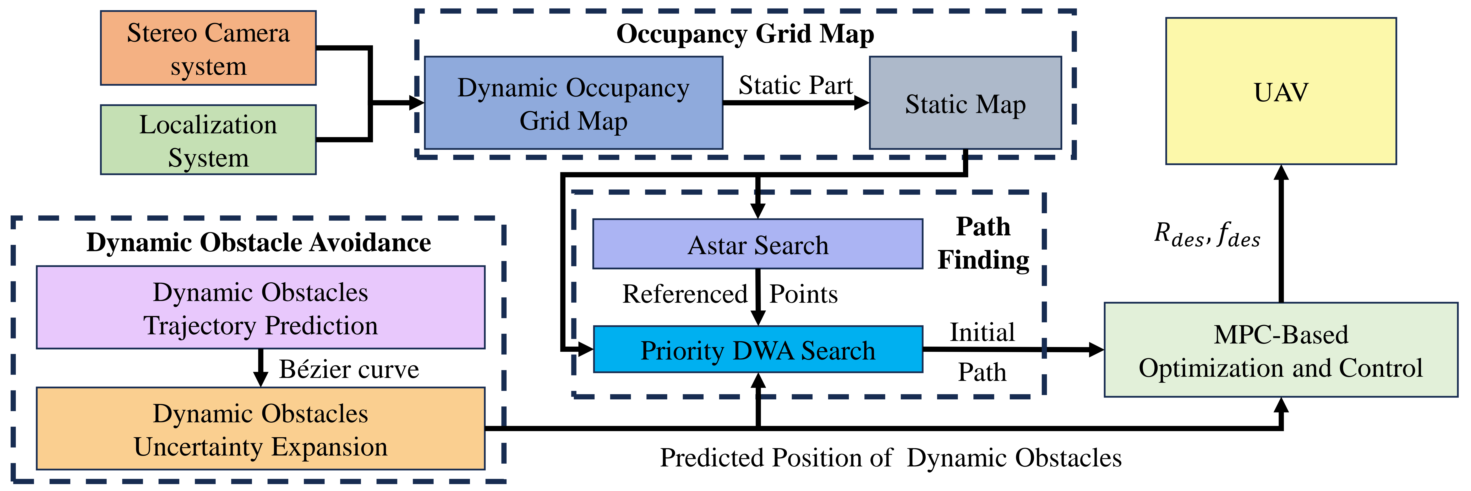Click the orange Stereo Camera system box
click(x=208, y=48)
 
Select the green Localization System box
click(x=208, y=139)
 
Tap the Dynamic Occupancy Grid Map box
click(x=573, y=103)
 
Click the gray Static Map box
click(x=965, y=103)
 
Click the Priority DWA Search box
click(x=758, y=349)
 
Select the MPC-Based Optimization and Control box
click(x=1281, y=350)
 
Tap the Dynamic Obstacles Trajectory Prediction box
click(x=260, y=308)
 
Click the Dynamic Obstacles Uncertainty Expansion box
click(x=260, y=429)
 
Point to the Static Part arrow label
click(x=795, y=86)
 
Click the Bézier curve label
click(x=349, y=369)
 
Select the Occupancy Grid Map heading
click(x=745, y=34)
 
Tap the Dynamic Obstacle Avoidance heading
click(x=259, y=242)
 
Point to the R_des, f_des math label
click(x=1207, y=234)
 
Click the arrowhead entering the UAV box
click(x=1281, y=173)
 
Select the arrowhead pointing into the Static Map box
click(x=861, y=103)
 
